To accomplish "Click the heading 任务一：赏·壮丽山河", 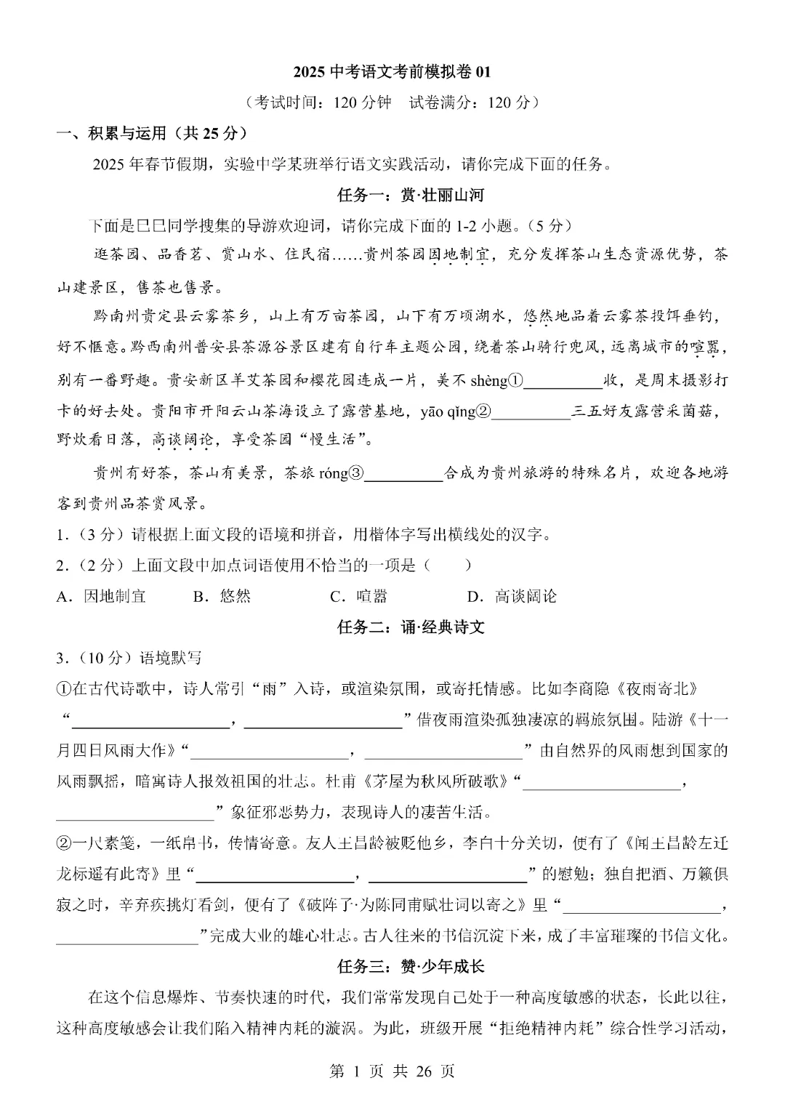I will [x=411, y=195].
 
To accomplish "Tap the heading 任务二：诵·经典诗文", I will [x=411, y=627].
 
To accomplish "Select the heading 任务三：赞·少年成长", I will [x=411, y=966].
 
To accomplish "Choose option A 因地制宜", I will [x=102, y=596].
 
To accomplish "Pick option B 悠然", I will [x=222, y=596].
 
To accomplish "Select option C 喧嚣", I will [x=359, y=596].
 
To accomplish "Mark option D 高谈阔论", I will [x=512, y=596].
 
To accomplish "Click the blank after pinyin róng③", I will [x=403, y=473].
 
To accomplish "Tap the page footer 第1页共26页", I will [x=392, y=1071].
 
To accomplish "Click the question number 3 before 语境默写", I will [x=61, y=658].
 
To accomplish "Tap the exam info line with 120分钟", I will [x=392, y=102].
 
